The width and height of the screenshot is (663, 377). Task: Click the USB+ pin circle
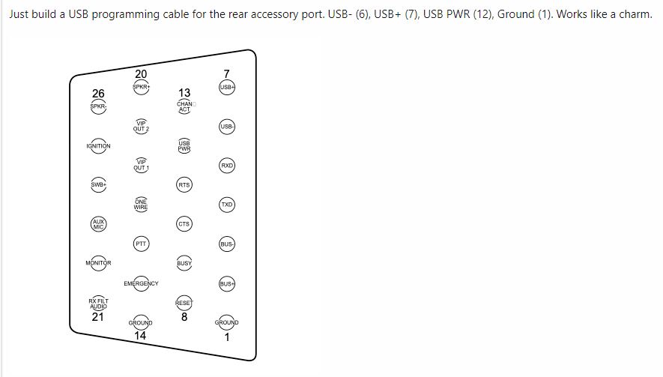tap(227, 88)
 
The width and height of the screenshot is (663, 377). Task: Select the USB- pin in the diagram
tap(227, 127)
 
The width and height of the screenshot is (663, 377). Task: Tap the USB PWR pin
tap(184, 145)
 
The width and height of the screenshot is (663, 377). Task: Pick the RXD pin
tap(227, 166)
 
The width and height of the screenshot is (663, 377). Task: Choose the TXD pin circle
tap(227, 205)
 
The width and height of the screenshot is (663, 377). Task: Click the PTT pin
tap(141, 243)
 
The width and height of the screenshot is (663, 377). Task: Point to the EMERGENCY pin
tap(141, 283)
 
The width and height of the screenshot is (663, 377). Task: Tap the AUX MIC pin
tap(98, 224)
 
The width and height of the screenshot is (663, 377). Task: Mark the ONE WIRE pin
tap(141, 204)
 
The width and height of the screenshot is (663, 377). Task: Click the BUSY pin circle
tap(184, 263)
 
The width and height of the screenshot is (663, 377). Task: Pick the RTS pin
tap(184, 184)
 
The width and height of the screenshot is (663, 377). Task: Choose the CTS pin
tap(184, 224)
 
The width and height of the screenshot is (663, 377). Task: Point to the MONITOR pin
tap(98, 263)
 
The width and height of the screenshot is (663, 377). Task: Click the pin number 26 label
tap(98, 94)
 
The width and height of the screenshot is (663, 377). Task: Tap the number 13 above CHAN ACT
tap(184, 93)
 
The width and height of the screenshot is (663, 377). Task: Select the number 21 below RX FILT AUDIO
tap(98, 317)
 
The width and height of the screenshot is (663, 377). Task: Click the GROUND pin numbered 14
tap(141, 322)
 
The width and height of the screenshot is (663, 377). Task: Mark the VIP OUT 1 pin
tap(141, 165)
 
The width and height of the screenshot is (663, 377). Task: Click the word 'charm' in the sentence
tap(634, 14)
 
